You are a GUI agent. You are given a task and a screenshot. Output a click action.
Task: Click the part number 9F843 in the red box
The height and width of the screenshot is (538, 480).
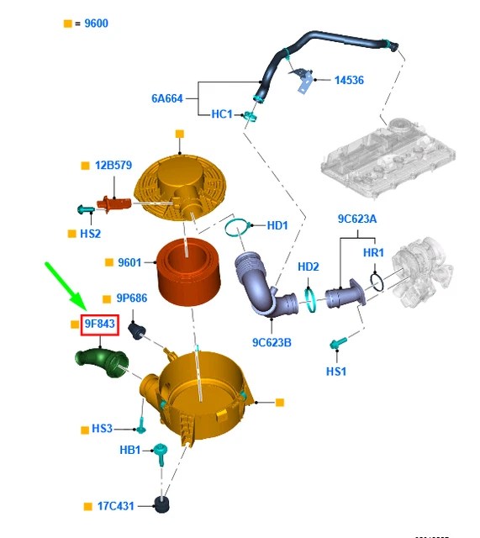pos(99,324)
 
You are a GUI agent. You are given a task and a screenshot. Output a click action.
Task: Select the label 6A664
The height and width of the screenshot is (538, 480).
pos(167,98)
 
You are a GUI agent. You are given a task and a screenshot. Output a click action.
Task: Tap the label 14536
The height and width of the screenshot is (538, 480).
pos(349,81)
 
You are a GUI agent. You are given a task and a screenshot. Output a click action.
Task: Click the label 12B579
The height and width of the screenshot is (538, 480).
pos(113,165)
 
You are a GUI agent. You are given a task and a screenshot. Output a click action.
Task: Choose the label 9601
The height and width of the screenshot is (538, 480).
pos(129,262)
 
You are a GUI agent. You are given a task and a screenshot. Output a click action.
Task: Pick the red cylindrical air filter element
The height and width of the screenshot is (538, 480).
pos(188,272)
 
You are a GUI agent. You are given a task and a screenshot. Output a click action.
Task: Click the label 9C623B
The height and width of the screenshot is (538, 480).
pos(272,342)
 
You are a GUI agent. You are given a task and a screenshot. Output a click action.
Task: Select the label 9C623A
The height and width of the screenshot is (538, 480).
pos(357,219)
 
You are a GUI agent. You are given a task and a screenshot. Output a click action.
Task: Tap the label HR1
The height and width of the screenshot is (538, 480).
pos(373,253)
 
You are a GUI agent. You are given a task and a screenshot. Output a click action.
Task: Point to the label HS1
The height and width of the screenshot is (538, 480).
pos(336,372)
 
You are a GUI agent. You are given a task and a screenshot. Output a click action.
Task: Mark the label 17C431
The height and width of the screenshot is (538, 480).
pos(116,506)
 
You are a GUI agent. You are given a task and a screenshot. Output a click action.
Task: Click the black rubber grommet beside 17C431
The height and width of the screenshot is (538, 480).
pos(161,504)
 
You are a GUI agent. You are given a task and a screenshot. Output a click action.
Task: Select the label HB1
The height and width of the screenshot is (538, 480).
pos(130,450)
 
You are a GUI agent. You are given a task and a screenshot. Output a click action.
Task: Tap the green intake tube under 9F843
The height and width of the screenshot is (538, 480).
pos(102,362)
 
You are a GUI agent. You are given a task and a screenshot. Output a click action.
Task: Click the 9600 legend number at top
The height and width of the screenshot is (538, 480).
pos(96,24)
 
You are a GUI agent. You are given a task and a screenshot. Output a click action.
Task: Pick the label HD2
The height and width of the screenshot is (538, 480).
pos(309,266)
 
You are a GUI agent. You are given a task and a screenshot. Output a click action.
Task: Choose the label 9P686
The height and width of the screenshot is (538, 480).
pos(132,298)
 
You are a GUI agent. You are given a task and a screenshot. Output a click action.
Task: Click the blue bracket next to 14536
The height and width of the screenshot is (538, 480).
pos(303,81)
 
